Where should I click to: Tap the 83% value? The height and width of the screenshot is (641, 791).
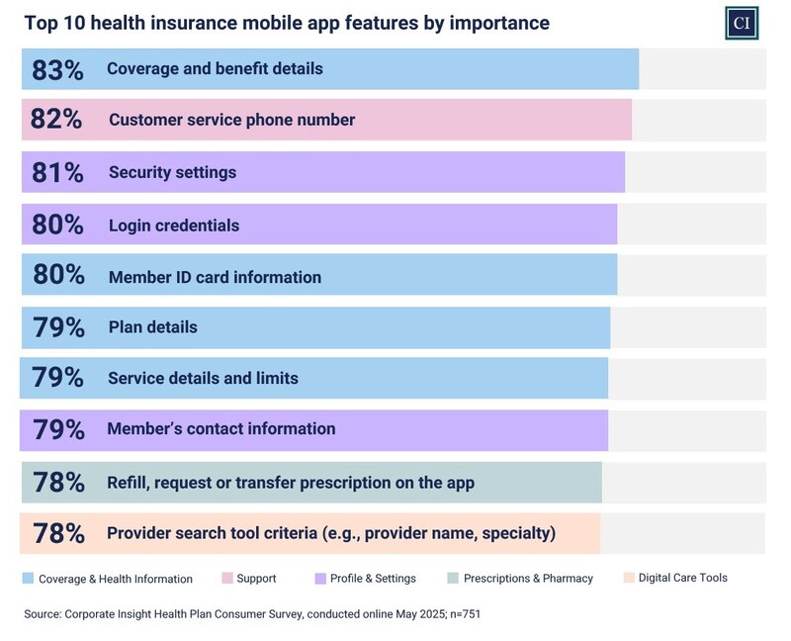click(57, 69)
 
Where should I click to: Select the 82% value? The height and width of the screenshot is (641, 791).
click(57, 121)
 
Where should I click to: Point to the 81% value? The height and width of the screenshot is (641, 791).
click(57, 173)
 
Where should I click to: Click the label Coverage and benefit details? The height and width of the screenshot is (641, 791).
click(215, 69)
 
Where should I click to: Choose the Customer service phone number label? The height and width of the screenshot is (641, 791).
click(231, 121)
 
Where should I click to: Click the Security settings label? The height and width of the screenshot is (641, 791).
click(172, 173)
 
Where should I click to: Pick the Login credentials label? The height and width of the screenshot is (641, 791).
click(173, 226)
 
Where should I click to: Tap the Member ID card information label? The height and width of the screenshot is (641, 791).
click(215, 277)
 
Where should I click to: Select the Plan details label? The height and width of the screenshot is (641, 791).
click(152, 327)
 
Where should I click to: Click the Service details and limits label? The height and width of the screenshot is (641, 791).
click(203, 378)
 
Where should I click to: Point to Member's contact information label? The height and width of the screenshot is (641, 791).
click(220, 429)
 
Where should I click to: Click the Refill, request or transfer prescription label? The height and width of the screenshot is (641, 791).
click(291, 483)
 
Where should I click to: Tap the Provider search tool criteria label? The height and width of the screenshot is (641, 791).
click(331, 534)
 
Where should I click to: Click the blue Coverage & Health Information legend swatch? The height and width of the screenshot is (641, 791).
click(28, 578)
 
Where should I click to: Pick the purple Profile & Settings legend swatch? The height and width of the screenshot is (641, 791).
click(321, 578)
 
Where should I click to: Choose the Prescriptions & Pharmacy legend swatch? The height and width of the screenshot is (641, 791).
click(453, 578)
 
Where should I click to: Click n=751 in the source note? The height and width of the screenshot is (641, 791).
click(462, 614)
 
